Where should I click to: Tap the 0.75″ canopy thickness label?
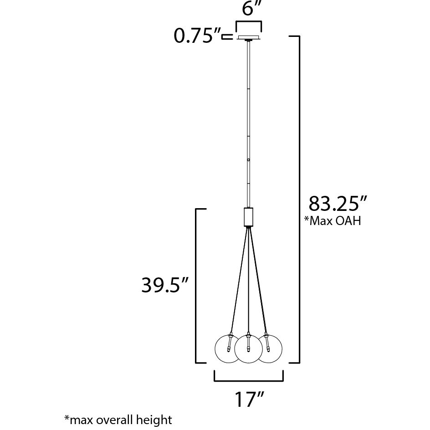197,36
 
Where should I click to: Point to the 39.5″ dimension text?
164,286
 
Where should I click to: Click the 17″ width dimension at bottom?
249,399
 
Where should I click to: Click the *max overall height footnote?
118,420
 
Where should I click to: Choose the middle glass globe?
249,350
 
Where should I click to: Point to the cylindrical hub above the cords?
249,217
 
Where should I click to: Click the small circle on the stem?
249,160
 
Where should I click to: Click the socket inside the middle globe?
249,342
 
